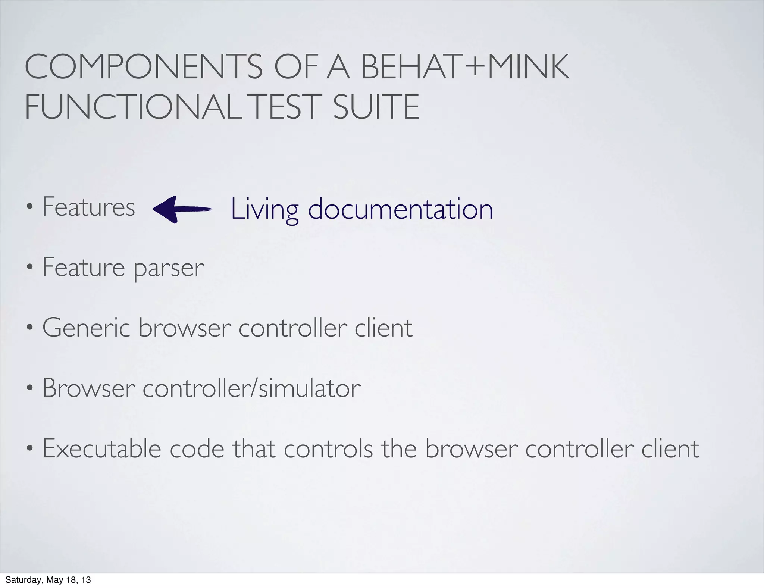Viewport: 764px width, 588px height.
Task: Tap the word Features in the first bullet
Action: pyautogui.click(x=88, y=207)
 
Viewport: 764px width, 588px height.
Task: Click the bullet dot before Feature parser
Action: pyautogui.click(x=29, y=268)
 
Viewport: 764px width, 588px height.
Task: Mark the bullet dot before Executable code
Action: pyautogui.click(x=29, y=449)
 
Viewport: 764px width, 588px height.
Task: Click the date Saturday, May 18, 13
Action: pyautogui.click(x=48, y=580)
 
